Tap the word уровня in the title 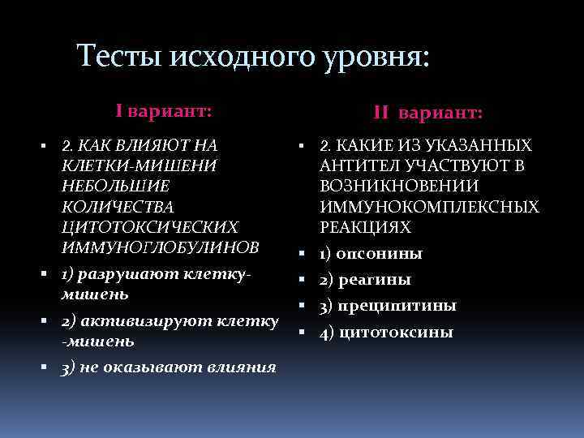366,57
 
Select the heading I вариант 163,110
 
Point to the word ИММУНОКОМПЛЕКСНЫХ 429,207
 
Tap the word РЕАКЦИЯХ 365,227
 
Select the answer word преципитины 398,306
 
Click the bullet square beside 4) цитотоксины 300,332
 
